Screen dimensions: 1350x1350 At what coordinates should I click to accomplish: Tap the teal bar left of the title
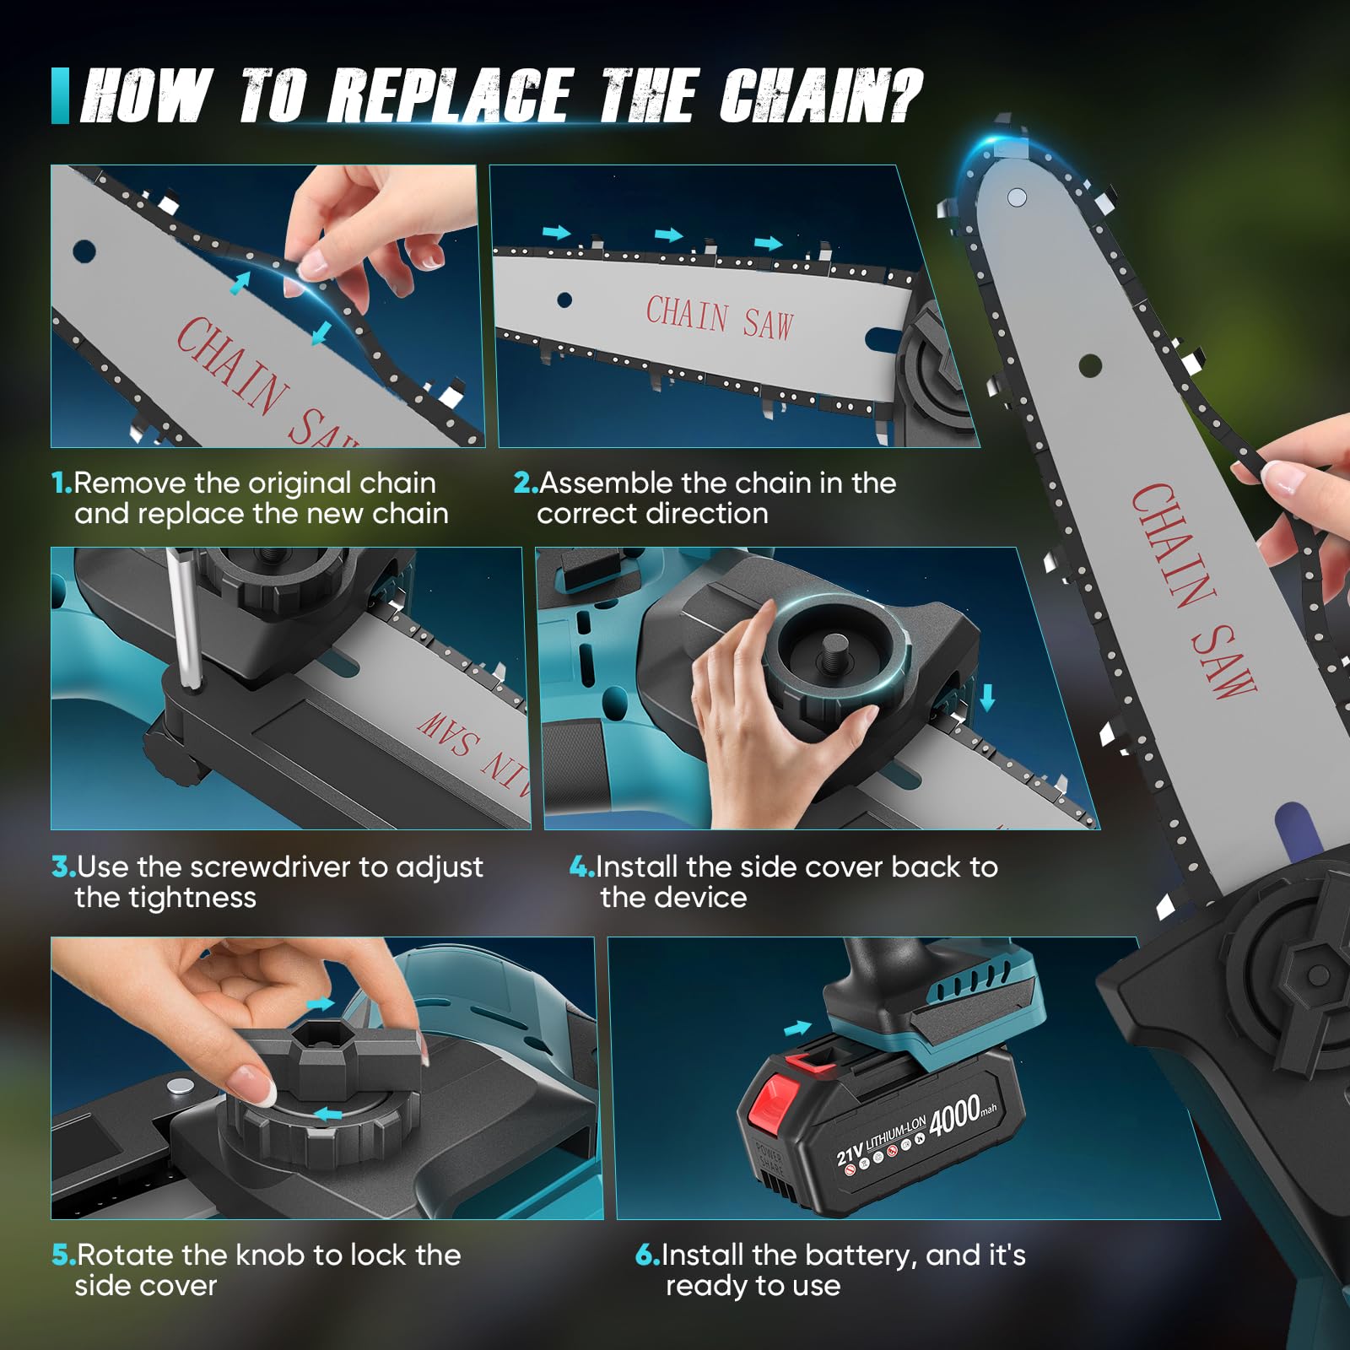click(x=60, y=96)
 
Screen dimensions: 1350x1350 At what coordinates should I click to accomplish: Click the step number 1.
click(x=62, y=483)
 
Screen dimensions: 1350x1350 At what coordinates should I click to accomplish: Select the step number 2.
click(x=526, y=483)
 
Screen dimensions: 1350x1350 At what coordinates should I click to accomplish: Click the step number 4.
click(x=582, y=867)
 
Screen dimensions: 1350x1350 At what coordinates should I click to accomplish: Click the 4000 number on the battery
click(x=954, y=1114)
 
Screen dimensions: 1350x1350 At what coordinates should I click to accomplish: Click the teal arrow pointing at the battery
click(x=797, y=1028)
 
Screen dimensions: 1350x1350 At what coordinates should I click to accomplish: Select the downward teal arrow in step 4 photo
click(x=986, y=697)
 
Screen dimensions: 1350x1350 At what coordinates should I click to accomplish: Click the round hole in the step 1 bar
click(x=84, y=251)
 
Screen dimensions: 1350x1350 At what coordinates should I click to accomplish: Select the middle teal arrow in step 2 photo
click(x=669, y=235)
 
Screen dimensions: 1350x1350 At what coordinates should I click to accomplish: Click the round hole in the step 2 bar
click(x=564, y=300)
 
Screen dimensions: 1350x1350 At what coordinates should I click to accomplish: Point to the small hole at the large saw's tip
click(x=1018, y=197)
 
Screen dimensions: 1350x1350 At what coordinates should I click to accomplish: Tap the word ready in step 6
click(x=707, y=1287)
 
